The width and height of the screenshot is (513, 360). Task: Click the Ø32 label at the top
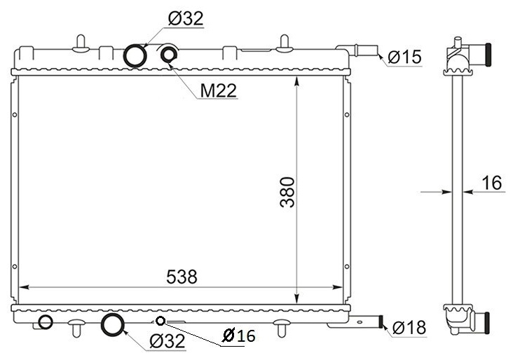pos(186,18)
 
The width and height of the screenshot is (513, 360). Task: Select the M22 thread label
pos(218,90)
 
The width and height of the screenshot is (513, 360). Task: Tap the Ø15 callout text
pos(404,57)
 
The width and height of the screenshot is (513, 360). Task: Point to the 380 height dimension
pos(287,193)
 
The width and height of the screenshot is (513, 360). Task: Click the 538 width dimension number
pos(182,277)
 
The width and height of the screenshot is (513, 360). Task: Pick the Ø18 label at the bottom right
pos(409,327)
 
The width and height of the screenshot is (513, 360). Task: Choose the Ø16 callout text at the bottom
pos(238,335)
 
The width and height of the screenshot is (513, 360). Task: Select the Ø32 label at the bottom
pos(167,341)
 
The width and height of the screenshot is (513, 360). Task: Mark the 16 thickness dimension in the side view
pos(492,183)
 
